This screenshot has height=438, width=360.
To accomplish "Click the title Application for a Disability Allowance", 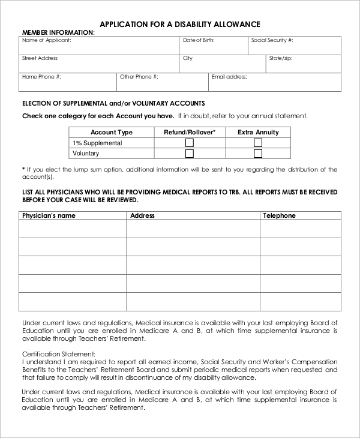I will (x=179, y=24).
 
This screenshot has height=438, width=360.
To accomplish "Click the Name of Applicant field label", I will (x=47, y=40).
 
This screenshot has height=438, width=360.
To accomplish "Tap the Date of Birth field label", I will (x=199, y=40).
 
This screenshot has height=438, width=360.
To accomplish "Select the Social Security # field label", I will (x=272, y=40).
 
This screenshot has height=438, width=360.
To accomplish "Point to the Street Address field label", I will (x=40, y=58).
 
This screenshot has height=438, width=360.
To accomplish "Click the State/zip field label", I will (x=280, y=58).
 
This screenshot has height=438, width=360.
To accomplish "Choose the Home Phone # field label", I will (x=41, y=77).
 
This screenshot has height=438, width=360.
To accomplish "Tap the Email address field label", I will (x=229, y=77).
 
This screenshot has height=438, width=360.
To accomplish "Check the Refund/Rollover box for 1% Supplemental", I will (x=190, y=143).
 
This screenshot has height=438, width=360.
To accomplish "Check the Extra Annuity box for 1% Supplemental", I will (x=258, y=143).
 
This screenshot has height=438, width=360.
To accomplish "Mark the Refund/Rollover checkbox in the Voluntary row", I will (x=190, y=154).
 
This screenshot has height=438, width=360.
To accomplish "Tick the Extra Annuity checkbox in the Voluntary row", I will (x=258, y=154).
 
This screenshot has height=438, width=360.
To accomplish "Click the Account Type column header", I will (x=112, y=132).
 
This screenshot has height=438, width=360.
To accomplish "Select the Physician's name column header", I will (x=49, y=215).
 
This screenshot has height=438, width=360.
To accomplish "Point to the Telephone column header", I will (x=279, y=215).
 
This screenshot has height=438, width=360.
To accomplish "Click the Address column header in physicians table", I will (x=142, y=215).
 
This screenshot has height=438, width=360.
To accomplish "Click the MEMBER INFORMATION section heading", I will (x=58, y=32).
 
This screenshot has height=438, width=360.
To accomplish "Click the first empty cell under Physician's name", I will (x=73, y=229).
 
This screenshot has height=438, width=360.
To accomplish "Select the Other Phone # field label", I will (x=139, y=77).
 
